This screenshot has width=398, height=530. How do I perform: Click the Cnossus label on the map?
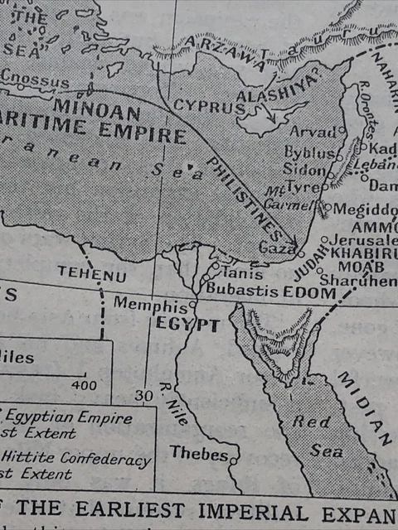coord(34,82)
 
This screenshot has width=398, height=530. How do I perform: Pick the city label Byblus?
coord(309,153)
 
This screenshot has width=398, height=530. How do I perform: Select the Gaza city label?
coord(274,248)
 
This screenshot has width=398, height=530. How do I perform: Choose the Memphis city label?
coord(145,304)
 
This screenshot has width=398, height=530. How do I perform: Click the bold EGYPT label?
coord(187,324)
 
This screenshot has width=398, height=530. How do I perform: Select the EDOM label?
coord(308,292)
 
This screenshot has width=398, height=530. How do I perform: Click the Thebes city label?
coord(198,454)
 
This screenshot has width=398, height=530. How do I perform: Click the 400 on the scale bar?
coord(84,385)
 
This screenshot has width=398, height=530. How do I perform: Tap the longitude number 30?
coord(144,396)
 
